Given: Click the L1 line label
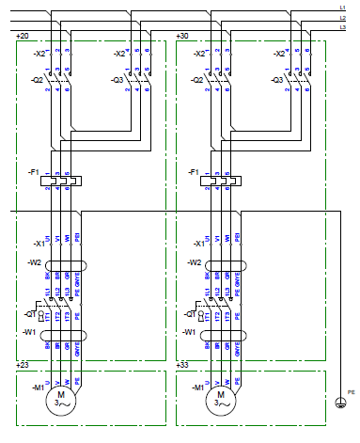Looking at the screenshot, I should (342, 8).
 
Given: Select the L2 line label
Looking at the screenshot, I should (342, 18).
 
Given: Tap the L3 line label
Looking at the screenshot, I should (342, 27).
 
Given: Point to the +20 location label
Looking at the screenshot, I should (23, 36).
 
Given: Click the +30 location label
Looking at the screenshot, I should (182, 36).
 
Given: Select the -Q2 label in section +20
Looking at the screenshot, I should (37, 81).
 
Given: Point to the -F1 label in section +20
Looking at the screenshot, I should (35, 173).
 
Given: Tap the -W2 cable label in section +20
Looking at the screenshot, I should (36, 263).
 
